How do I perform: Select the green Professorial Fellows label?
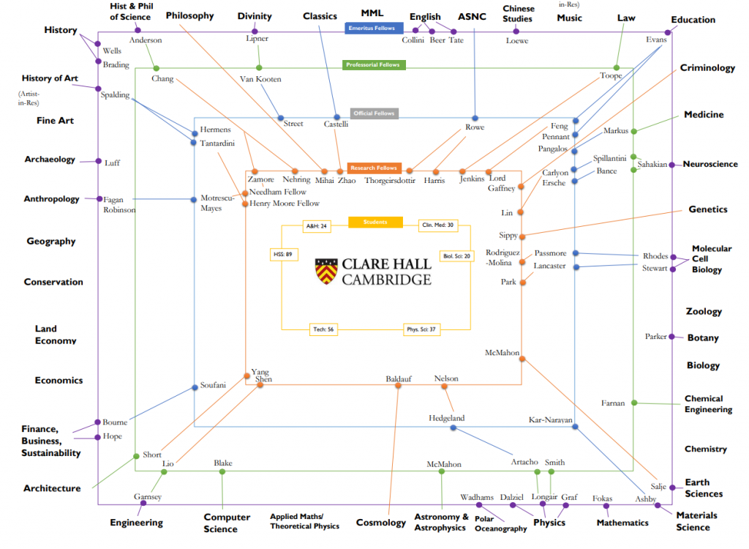(x=373, y=65)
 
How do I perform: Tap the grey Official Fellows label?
(x=374, y=113)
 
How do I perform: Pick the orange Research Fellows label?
(x=373, y=168)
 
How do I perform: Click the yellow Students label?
(x=375, y=222)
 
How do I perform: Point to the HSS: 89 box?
(x=282, y=255)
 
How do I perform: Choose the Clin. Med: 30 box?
(x=438, y=226)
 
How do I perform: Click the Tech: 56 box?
(x=323, y=329)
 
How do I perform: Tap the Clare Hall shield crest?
(x=326, y=271)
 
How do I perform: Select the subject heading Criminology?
(x=707, y=68)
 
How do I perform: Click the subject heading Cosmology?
(x=380, y=523)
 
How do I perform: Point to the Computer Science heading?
(x=227, y=523)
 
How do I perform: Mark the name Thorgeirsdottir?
(x=390, y=180)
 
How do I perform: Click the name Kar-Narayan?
(x=550, y=420)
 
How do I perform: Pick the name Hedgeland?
(x=446, y=419)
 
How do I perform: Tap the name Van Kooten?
(x=260, y=79)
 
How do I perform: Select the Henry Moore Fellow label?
(x=285, y=203)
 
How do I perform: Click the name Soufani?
(x=214, y=386)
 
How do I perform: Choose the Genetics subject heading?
(x=708, y=209)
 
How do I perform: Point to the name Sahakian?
(x=652, y=165)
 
